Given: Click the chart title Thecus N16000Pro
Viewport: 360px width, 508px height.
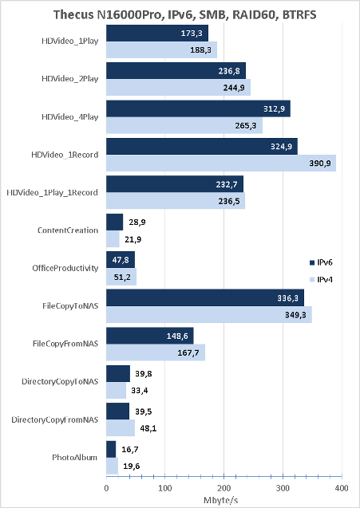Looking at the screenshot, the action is (184, 14).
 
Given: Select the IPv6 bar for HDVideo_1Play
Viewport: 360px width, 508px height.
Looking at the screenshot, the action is (157, 33).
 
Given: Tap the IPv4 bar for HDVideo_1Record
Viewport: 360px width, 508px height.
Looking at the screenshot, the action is (221, 163).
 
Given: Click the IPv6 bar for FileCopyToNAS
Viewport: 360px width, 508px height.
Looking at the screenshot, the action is (205, 297).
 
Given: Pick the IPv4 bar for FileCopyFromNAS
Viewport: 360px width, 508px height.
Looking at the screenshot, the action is (156, 352).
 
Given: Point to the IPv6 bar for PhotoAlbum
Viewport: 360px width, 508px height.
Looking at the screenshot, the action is (111, 449).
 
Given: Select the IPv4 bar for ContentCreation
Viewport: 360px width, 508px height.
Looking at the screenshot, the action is (113, 239).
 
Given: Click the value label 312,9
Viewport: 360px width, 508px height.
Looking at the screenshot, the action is (274, 108).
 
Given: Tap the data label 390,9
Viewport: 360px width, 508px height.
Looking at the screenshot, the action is (320, 163).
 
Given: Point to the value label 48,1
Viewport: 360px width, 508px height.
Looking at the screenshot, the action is (148, 428).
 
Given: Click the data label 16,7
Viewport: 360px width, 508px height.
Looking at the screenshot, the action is (130, 450).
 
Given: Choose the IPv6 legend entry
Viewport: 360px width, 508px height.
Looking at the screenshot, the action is (321, 262).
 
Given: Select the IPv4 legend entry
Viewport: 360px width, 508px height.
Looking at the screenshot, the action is (321, 279).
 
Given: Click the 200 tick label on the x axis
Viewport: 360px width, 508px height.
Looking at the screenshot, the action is (224, 488).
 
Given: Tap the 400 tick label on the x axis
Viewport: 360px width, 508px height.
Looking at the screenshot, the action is (342, 488).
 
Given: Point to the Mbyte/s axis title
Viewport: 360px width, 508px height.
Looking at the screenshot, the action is (221, 500).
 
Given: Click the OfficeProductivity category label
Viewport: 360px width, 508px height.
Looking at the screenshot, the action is (65, 268).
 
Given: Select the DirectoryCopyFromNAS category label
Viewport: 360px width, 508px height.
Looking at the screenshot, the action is (55, 419).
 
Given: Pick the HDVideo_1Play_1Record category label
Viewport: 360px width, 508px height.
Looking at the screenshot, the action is (53, 193).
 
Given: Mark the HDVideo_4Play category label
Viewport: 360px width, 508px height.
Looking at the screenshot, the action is (69, 117).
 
